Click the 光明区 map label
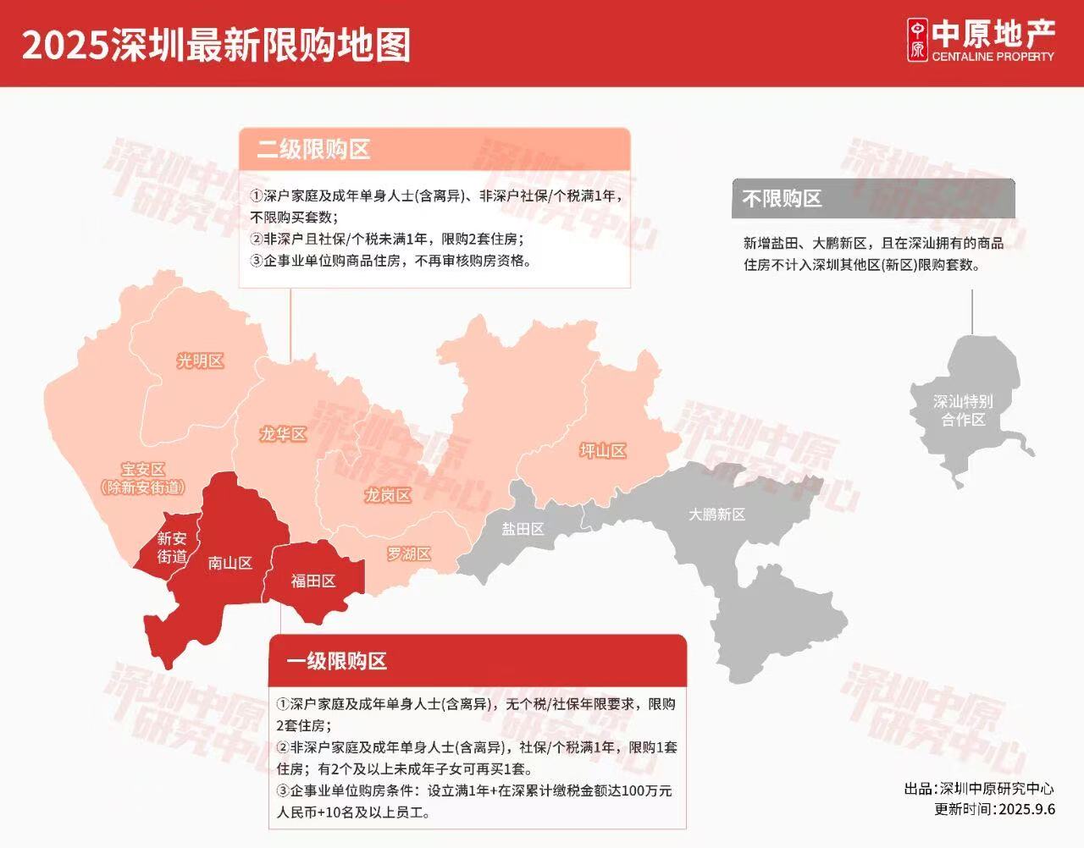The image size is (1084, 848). click(200, 361)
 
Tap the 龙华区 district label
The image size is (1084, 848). click(283, 435)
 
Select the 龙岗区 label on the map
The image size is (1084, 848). click(388, 495)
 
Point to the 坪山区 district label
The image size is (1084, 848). click(603, 451)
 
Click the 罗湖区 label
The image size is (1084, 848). click(409, 554)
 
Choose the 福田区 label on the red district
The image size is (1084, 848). click(313, 581)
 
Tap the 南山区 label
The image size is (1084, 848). click(230, 563)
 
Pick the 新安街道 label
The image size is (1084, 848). click(172, 548)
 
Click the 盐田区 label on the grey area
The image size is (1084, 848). click(523, 529)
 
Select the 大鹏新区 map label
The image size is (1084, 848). click(716, 515)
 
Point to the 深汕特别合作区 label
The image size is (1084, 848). click(963, 410)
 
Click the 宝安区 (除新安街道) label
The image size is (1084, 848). click(142, 478)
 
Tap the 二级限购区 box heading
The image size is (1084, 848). click(314, 150)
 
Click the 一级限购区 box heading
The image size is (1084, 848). click(337, 661)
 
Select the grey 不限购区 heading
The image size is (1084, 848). click(783, 199)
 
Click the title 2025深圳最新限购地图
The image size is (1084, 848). click(216, 44)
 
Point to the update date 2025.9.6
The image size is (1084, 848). click(1026, 809)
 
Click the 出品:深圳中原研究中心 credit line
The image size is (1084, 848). click(979, 789)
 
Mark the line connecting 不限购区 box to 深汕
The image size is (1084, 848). click(972, 311)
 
